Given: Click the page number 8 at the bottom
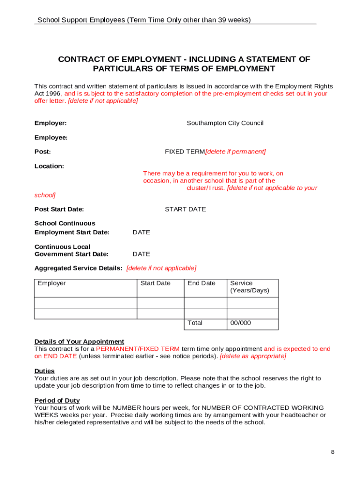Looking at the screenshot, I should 332,451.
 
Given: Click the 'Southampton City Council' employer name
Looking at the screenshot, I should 225,123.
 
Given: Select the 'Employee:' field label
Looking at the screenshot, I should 51,138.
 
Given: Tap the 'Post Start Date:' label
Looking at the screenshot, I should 59,209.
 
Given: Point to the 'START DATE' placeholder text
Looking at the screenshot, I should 185,209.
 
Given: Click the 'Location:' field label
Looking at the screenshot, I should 49,166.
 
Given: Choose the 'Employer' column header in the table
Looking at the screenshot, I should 51,283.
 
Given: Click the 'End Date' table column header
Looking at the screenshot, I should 202,283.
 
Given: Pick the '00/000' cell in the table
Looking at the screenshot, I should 240,323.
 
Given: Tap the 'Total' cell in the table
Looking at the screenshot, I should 195,323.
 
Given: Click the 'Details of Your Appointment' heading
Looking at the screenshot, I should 79,341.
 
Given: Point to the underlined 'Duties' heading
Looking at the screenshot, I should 44,371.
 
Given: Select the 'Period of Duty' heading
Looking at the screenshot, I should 57,400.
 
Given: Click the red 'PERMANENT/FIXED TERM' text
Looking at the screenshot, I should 137,349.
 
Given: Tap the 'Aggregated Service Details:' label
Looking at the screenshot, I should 79,268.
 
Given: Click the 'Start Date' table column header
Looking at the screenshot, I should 155,283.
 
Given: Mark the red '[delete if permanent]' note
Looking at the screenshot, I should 236,152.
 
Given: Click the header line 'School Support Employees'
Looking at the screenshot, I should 144,20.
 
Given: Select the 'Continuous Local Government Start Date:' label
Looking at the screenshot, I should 71,250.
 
